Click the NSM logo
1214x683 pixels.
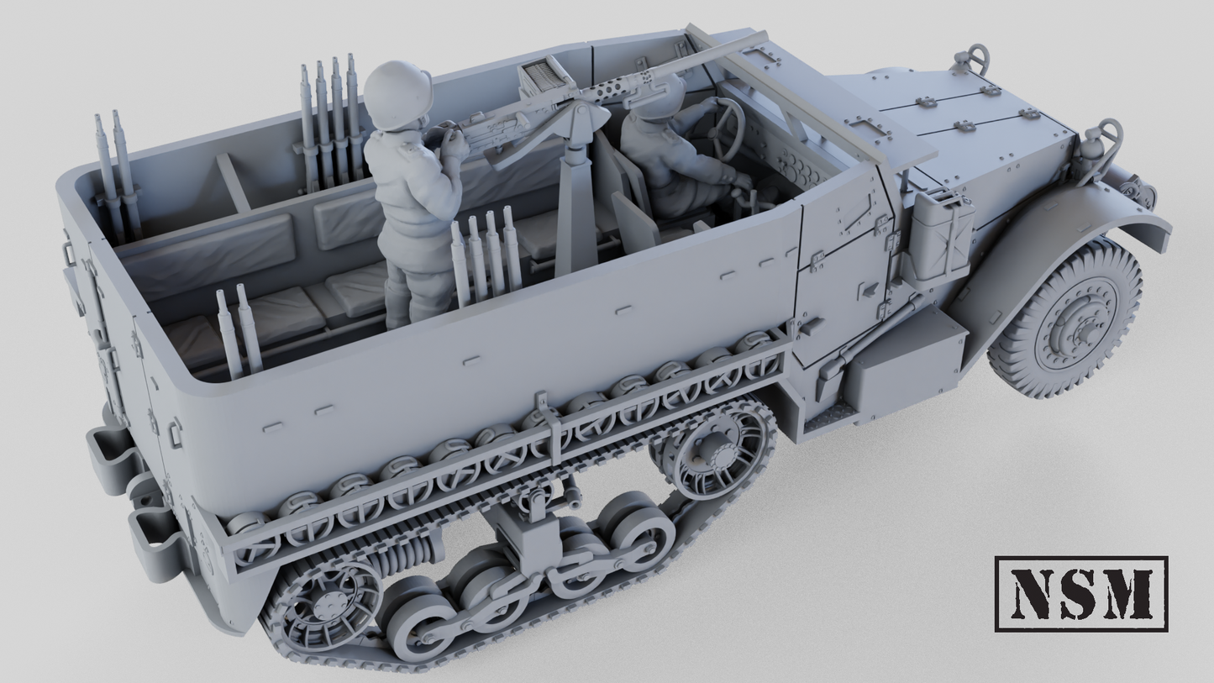1081,593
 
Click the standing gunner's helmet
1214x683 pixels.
397,95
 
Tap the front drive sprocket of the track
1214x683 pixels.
712,454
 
